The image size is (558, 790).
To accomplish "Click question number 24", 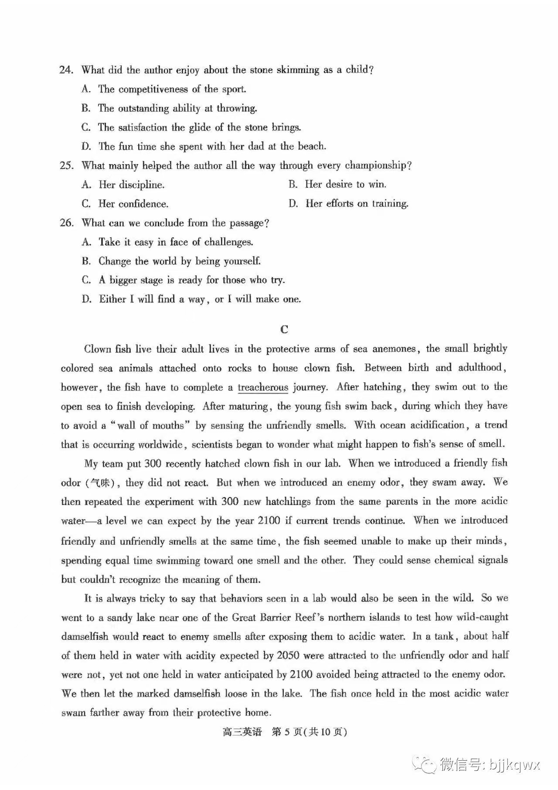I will [x=66, y=70].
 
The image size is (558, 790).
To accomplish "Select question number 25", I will [x=66, y=166].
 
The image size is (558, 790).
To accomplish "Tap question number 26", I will [x=66, y=223].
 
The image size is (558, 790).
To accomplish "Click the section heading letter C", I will [x=284, y=329].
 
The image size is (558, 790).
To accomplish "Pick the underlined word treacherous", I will [x=263, y=387].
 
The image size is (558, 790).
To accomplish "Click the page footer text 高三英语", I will [x=242, y=732].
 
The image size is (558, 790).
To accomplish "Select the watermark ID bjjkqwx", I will [x=514, y=765].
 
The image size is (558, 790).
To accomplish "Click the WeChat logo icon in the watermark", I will [x=425, y=765].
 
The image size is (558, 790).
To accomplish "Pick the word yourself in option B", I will [x=242, y=261].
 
